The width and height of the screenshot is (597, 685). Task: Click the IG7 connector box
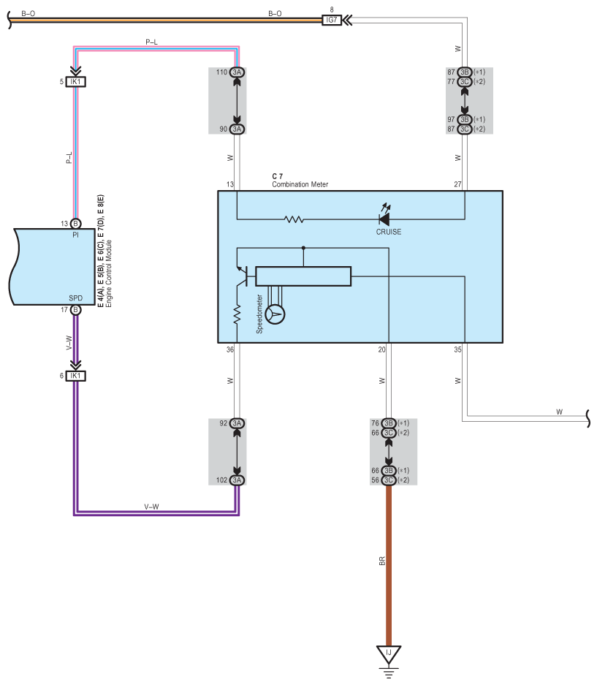pos(332,20)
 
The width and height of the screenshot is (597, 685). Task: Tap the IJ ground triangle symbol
pos(389,654)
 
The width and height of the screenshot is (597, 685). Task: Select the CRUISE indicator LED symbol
pos(384,218)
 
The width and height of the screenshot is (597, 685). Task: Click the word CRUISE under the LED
pos(389,232)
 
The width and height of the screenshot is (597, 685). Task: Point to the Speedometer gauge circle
pos(275,314)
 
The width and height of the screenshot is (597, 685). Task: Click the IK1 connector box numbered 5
pos(75,82)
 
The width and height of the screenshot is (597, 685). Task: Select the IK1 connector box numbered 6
pos(75,376)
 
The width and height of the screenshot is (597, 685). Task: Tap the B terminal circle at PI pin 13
pos(75,224)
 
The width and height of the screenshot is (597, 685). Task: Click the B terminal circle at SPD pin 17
pos(75,310)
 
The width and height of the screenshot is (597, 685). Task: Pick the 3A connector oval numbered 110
pos(237,72)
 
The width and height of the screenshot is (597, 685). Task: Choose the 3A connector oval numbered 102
pos(237,480)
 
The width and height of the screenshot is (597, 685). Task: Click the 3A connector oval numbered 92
pos(237,423)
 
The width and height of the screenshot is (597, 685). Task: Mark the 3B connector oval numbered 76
pos(389,423)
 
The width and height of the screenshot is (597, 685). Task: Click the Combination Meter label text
pos(300,184)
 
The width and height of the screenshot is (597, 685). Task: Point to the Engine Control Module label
pos(109,273)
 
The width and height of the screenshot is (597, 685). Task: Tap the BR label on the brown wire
pos(382,561)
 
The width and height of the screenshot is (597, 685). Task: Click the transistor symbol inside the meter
pos(242,276)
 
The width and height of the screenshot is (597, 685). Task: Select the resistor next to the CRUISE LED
pos(294,219)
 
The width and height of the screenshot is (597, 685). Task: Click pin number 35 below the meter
pos(457,349)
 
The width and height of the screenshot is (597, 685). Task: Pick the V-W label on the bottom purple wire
pos(151,507)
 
